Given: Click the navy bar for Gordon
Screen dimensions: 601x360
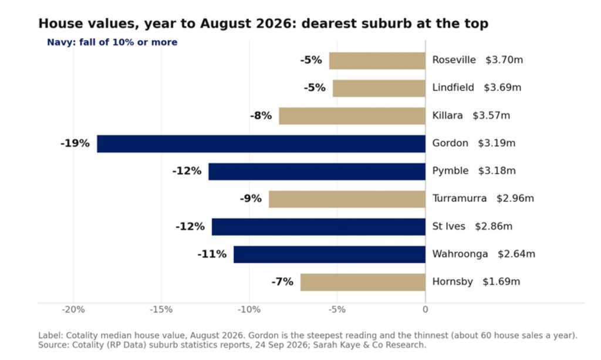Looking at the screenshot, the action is point(261,143).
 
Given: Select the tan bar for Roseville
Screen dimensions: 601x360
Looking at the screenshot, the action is point(377,60).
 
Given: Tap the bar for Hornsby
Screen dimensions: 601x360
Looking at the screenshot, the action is point(363,282).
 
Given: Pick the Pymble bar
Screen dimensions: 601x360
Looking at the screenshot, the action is point(317,171).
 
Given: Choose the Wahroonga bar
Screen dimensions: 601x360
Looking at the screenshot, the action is point(329,254).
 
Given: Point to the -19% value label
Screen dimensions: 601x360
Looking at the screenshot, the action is point(75,143).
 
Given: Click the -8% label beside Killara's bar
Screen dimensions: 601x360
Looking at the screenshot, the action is point(261,116).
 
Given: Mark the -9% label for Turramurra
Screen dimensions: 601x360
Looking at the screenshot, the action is point(251,198).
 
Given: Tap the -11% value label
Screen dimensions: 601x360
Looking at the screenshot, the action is point(212,254).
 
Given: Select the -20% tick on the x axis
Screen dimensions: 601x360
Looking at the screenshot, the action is point(73,309).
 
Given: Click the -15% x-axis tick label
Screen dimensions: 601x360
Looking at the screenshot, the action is point(161,309).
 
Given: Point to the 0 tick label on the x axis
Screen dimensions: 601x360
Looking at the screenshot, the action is point(425,309).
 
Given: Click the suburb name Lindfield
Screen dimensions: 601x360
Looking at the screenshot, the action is point(453,88).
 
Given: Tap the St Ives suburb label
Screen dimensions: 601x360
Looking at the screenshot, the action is point(449,226).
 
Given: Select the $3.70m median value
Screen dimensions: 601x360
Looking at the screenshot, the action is point(504,60).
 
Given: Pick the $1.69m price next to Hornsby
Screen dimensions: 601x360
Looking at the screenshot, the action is point(501,282).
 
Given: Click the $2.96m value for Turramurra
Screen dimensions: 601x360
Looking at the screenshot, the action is point(515,198).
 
